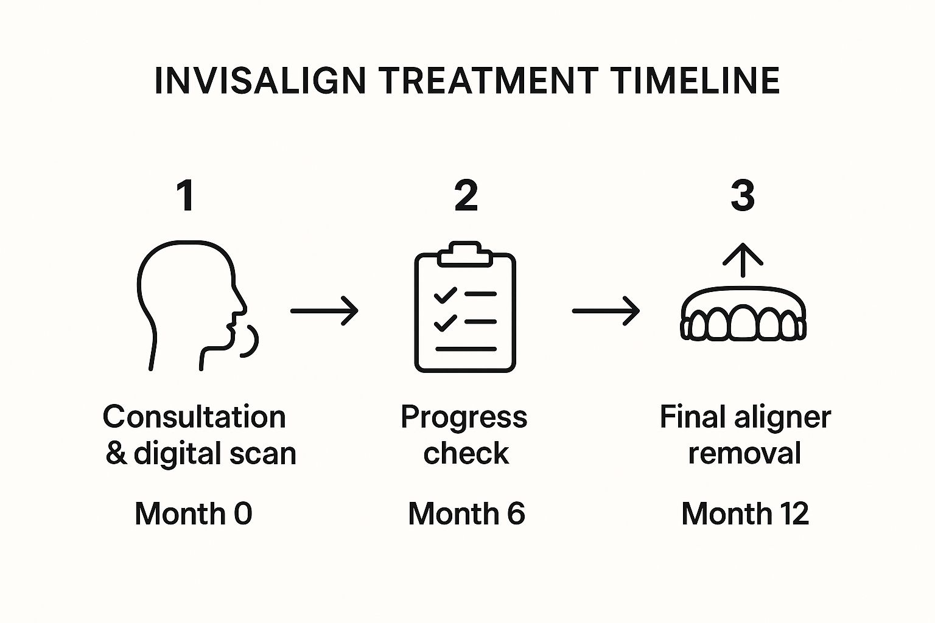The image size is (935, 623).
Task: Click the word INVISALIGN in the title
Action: pyautogui.click(x=260, y=80)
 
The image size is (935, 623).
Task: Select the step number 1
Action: pyautogui.click(x=186, y=195)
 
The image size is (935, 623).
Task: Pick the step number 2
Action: pyautogui.click(x=466, y=195)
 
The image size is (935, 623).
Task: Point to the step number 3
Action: pyautogui.click(x=743, y=195)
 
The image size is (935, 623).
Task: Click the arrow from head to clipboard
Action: pyautogui.click(x=324, y=311)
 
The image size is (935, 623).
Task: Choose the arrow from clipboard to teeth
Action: pyautogui.click(x=606, y=311)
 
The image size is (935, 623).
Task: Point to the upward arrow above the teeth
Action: pyautogui.click(x=743, y=260)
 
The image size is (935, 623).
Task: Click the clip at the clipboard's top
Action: pyautogui.click(x=464, y=254)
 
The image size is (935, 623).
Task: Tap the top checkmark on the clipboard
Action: pyautogui.click(x=445, y=294)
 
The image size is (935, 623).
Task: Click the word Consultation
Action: pyautogui.click(x=194, y=417)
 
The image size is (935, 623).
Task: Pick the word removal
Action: pyautogui.click(x=744, y=453)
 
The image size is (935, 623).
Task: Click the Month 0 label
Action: pyautogui.click(x=194, y=513)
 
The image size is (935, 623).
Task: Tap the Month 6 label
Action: pyautogui.click(x=466, y=513)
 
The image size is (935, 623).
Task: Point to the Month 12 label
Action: pyautogui.click(x=745, y=513)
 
